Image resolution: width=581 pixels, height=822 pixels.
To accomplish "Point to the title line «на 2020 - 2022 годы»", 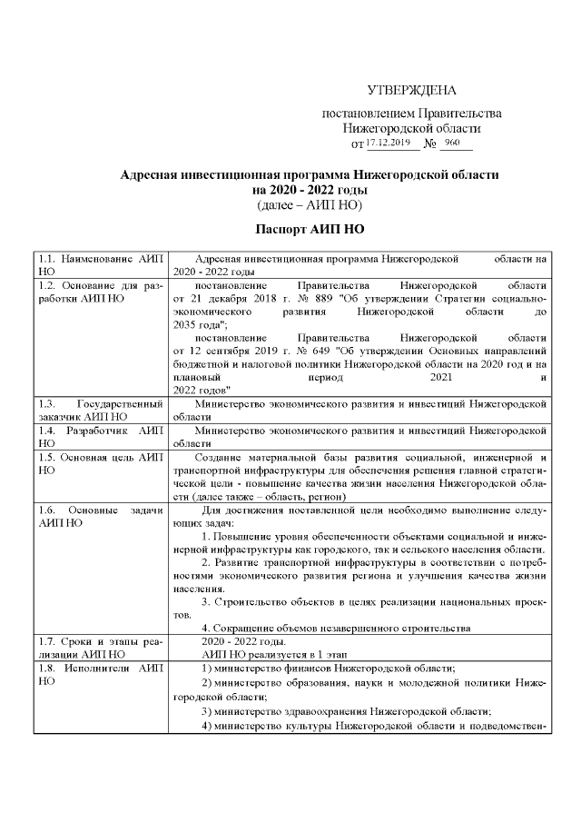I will click(x=310, y=189).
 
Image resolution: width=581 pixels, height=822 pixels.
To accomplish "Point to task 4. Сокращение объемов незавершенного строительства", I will click(x=335, y=628).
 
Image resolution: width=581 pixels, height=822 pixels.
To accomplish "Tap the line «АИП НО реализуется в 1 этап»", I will click(x=263, y=653).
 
